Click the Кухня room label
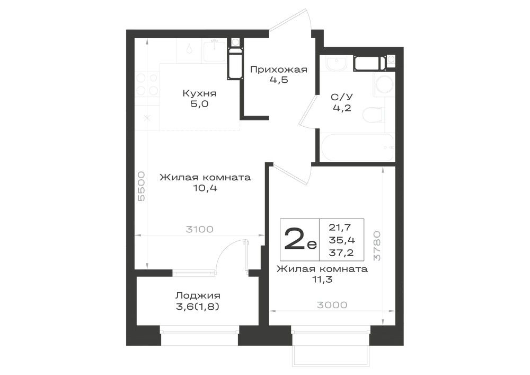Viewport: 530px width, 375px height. [199, 93]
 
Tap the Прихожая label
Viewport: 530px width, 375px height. [279, 70]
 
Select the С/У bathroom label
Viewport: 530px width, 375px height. [341, 98]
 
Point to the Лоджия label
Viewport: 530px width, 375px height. [198, 296]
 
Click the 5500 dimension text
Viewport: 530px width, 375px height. [142, 186]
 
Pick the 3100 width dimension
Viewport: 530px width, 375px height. [199, 230]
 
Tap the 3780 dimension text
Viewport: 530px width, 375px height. [376, 246]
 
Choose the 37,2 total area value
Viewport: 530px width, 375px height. [341, 252]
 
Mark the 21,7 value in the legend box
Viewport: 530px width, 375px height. [340, 228]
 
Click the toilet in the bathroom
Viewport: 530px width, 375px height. [373, 115]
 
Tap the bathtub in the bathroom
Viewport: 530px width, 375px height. [357, 148]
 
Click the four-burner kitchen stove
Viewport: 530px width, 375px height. [147, 84]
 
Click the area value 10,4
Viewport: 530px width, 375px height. [205, 188]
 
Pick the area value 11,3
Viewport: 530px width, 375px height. [322, 280]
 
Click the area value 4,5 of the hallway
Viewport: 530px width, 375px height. [279, 80]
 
